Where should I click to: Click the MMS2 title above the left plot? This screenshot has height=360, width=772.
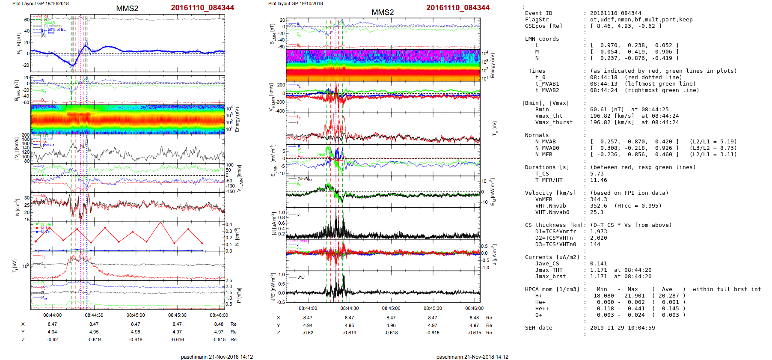127,9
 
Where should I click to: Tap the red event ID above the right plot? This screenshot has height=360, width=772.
458,8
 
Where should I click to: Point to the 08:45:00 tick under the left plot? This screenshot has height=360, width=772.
135,315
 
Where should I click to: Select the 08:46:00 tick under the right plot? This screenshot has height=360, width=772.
474,308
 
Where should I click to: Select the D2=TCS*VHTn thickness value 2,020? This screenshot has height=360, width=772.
598,238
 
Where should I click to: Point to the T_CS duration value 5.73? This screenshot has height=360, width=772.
597,174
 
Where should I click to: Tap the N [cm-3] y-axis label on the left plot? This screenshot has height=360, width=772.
18,207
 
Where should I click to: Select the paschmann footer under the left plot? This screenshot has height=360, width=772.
217,357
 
